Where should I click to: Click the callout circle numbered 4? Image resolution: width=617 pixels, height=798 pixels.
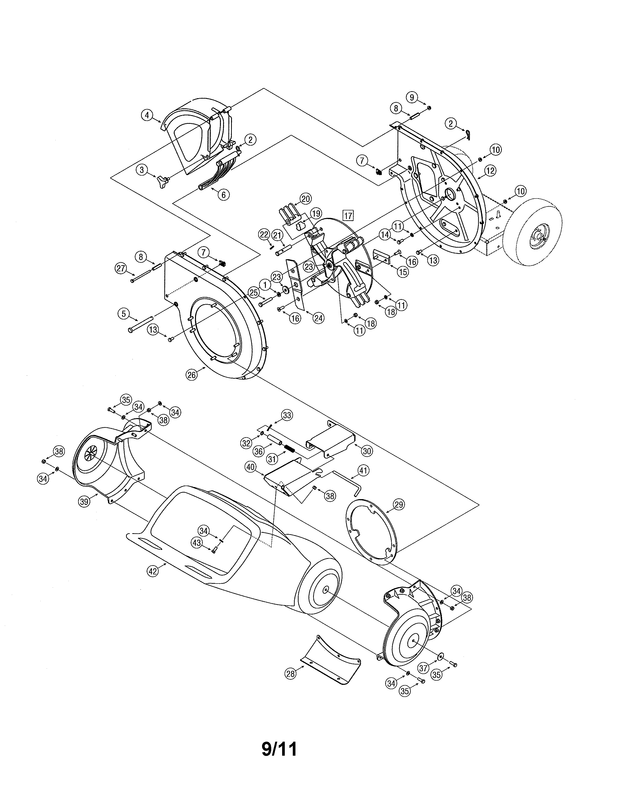tap(147, 115)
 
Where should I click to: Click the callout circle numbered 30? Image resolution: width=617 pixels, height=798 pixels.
tap(367, 451)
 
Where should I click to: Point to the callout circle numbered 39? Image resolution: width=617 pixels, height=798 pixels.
tap(84, 502)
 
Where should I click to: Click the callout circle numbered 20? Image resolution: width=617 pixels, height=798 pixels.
tap(306, 199)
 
